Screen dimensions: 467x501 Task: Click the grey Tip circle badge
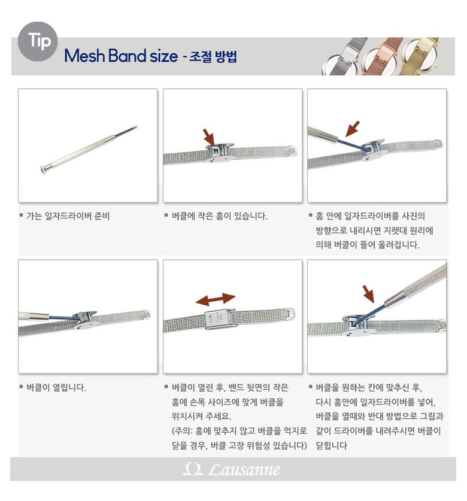point(38,41)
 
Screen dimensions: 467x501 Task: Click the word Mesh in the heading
point(84,56)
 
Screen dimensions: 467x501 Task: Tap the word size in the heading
point(163,56)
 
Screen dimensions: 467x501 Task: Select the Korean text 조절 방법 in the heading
point(213,56)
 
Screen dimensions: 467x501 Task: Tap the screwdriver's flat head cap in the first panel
point(43,169)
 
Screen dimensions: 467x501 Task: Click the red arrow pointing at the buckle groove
point(209,136)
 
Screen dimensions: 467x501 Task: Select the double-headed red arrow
point(216,299)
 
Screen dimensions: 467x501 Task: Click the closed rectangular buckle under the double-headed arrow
point(220,319)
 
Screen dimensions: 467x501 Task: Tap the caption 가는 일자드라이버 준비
point(68,216)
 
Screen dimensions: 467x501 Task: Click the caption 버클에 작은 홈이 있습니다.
point(219,216)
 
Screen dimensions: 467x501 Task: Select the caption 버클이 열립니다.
point(56,388)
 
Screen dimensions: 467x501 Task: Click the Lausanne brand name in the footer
point(244,469)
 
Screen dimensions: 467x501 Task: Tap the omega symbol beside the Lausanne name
point(193,469)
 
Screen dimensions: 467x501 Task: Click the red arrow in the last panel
point(369,294)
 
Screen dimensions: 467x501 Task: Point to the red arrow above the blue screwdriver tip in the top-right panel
point(353,129)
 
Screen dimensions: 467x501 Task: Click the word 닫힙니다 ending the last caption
point(331,445)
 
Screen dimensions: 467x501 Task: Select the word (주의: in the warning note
point(182,431)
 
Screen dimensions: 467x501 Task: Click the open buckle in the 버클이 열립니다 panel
point(83,319)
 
